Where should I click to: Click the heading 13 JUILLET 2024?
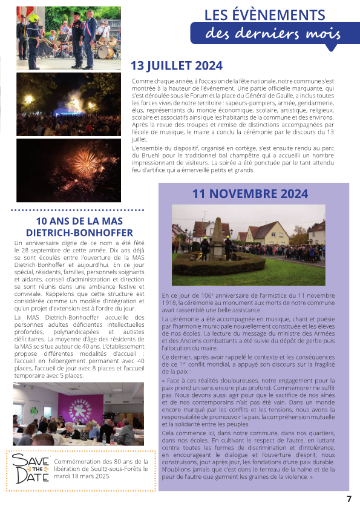(177, 65)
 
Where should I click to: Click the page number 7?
(349, 499)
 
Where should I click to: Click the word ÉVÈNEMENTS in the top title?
(278, 15)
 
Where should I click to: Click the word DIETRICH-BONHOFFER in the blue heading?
(76, 232)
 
